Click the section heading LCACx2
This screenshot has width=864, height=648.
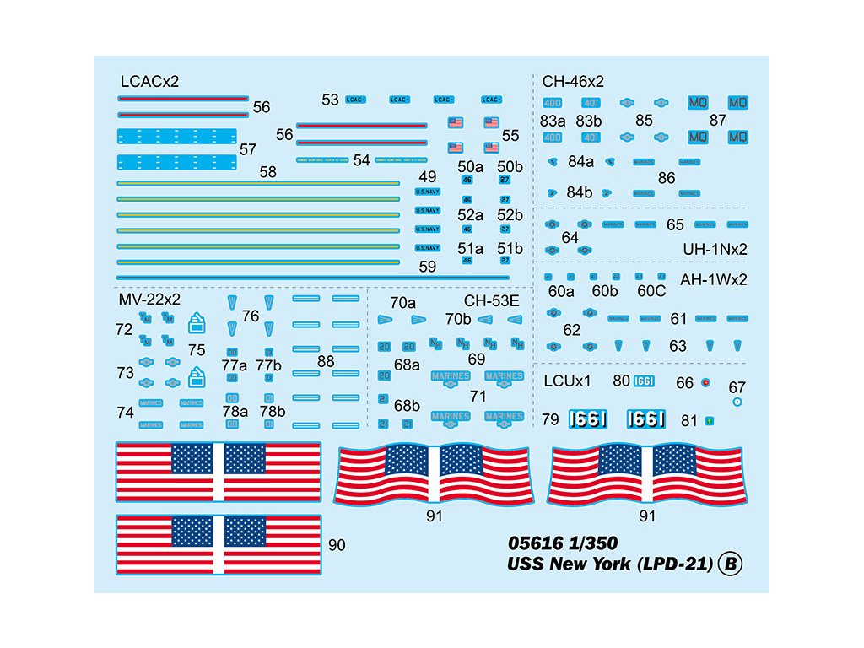pyautogui.click(x=150, y=82)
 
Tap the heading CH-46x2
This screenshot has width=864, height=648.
pyautogui.click(x=574, y=82)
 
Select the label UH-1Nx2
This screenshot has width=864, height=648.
pyautogui.click(x=715, y=249)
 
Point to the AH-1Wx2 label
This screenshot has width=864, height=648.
pyautogui.click(x=714, y=278)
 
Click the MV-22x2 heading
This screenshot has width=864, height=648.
pyautogui.click(x=149, y=299)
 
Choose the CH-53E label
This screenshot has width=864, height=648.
pyautogui.click(x=492, y=301)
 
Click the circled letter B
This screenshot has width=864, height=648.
pyautogui.click(x=730, y=564)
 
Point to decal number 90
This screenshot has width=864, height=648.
pyautogui.click(x=337, y=546)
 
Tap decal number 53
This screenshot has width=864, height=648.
pyautogui.click(x=330, y=100)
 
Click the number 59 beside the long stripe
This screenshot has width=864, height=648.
pyautogui.click(x=427, y=267)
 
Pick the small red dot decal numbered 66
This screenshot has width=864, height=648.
pyautogui.click(x=706, y=382)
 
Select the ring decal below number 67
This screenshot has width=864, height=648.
pyautogui.click(x=737, y=402)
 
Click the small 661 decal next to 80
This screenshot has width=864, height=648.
pyautogui.click(x=644, y=381)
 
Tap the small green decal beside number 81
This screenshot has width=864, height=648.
pyautogui.click(x=710, y=420)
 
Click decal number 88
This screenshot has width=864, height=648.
pyautogui.click(x=326, y=361)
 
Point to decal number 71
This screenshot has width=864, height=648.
pyautogui.click(x=478, y=396)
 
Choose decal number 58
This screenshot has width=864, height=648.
pyautogui.click(x=268, y=172)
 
